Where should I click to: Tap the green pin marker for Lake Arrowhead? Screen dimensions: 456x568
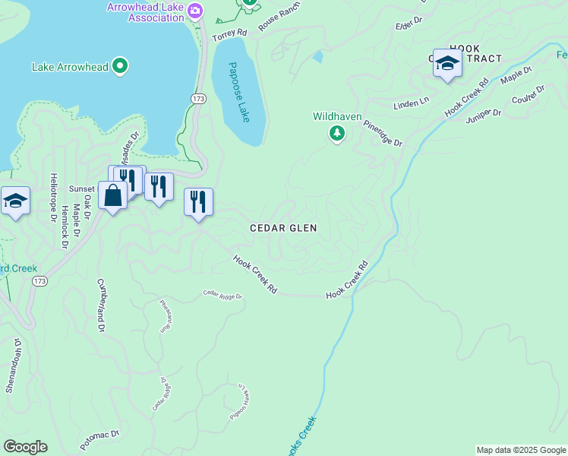119,67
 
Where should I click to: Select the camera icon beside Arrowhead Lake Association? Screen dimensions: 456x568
196,10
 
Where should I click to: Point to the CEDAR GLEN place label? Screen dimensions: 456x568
284,228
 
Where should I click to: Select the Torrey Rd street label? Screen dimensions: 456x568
231,33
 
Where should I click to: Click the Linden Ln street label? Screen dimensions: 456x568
411,103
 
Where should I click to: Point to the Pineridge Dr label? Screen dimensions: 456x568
382,132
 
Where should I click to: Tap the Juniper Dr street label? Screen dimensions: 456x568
483,115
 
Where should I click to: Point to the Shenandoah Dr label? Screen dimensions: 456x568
13,366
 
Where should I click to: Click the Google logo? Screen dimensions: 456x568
25,447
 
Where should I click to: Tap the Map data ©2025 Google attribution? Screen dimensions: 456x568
521,450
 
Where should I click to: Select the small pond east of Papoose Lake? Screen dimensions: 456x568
317,56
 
